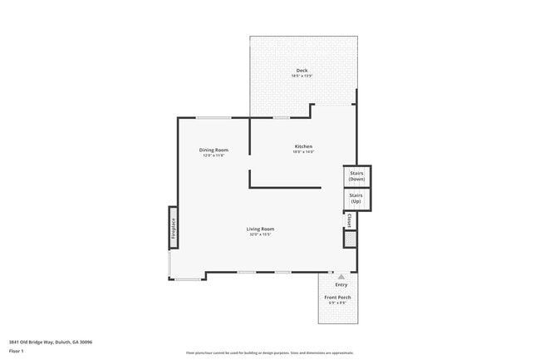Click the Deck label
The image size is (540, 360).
[x=302, y=70]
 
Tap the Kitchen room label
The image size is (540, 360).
[x=302, y=147]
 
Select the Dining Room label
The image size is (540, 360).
[x=213, y=150]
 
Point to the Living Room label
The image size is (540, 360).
[x=260, y=229]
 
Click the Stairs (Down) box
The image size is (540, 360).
[x=356, y=176]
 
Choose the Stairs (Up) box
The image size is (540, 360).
[x=356, y=200]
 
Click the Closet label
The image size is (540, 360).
[x=350, y=220]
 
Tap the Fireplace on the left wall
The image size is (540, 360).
[x=174, y=228]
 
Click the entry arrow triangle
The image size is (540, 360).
[x=341, y=276]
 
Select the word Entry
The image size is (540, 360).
[x=341, y=284]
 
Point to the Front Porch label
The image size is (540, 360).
[x=336, y=298]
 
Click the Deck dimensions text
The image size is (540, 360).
[x=302, y=76]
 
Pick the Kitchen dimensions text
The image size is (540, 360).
[x=302, y=152]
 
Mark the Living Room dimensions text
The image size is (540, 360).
[x=260, y=234]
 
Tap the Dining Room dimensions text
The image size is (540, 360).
[x=213, y=155]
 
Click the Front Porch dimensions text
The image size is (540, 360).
[x=336, y=303]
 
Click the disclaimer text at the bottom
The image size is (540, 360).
[x=269, y=353]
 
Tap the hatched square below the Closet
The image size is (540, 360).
[x=351, y=239]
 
